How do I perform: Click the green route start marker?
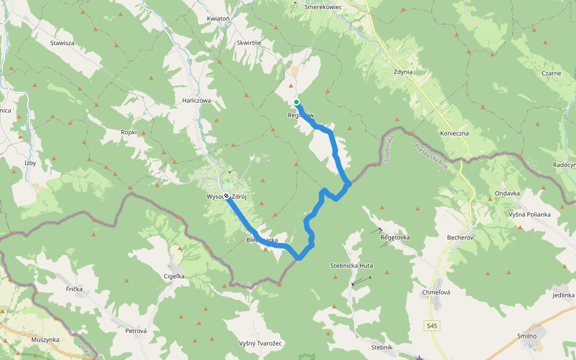click(296, 102)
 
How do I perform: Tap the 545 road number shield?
click(433, 326)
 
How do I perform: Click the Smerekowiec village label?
click(323, 7)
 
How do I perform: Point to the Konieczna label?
click(454, 133)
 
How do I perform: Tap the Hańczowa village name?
click(197, 101)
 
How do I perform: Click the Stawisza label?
click(62, 43)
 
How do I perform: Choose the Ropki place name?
click(128, 132)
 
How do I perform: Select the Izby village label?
click(31, 163)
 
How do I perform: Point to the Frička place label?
click(77, 289)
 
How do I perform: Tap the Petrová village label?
click(136, 331)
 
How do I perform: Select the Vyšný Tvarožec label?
click(260, 343)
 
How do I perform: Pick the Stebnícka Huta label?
click(352, 265)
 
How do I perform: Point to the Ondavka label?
click(508, 193)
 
